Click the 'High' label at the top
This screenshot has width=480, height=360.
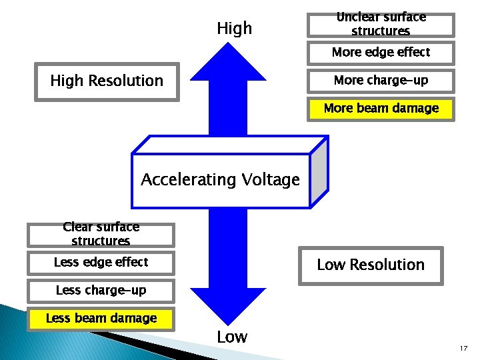pyautogui.click(x=235, y=28)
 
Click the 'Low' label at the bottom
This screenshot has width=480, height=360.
pyautogui.click(x=232, y=337)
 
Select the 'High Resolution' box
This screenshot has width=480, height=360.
pyautogui.click(x=107, y=81)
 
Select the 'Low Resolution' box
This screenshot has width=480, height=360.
pyautogui.click(x=370, y=265)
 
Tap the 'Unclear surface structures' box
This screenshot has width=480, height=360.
pyautogui.click(x=381, y=25)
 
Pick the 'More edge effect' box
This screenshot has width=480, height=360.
pyautogui.click(x=381, y=52)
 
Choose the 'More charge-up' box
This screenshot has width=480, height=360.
pyautogui.click(x=381, y=81)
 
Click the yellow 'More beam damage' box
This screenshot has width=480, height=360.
pyautogui.click(x=381, y=109)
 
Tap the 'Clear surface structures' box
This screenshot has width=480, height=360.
pyautogui.click(x=101, y=234)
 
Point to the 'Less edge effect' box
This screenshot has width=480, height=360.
pyautogui.click(x=101, y=263)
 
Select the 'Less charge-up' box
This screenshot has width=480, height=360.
pyautogui.click(x=101, y=291)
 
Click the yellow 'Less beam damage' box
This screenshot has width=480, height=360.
pyautogui.click(x=101, y=319)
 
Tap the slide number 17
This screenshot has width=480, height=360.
pyautogui.click(x=463, y=347)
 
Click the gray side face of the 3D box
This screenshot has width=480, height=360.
pyautogui.click(x=319, y=172)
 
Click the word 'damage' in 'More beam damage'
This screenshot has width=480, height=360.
pyautogui.click(x=417, y=109)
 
